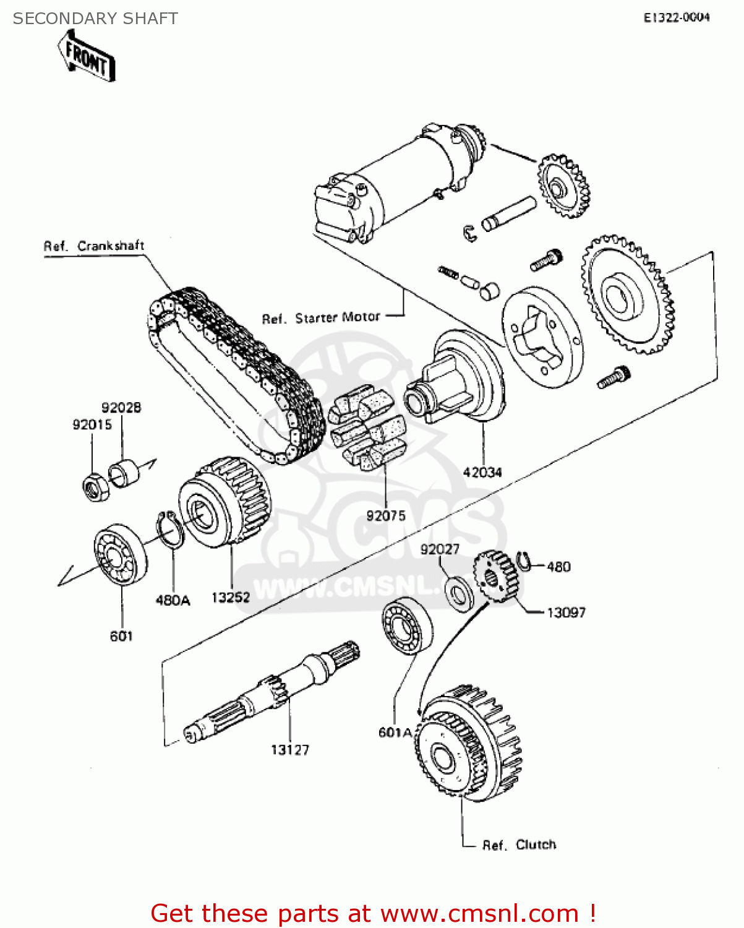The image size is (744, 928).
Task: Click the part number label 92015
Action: click(92, 424)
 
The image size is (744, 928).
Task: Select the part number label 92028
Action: click(121, 408)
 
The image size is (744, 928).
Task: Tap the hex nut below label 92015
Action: click(95, 487)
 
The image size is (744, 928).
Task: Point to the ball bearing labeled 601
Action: click(121, 554)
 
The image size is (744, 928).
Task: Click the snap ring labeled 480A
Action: click(169, 530)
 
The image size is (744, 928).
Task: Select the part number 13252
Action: click(231, 597)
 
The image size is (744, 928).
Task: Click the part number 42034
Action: click(482, 472)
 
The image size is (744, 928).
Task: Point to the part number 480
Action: click(558, 567)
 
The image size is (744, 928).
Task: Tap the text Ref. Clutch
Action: click(519, 844)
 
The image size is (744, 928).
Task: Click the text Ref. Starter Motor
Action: click(321, 318)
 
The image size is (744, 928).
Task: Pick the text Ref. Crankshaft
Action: click(94, 246)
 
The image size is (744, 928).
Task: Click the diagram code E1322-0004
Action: click(677, 18)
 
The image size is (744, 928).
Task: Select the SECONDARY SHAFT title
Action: click(95, 19)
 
